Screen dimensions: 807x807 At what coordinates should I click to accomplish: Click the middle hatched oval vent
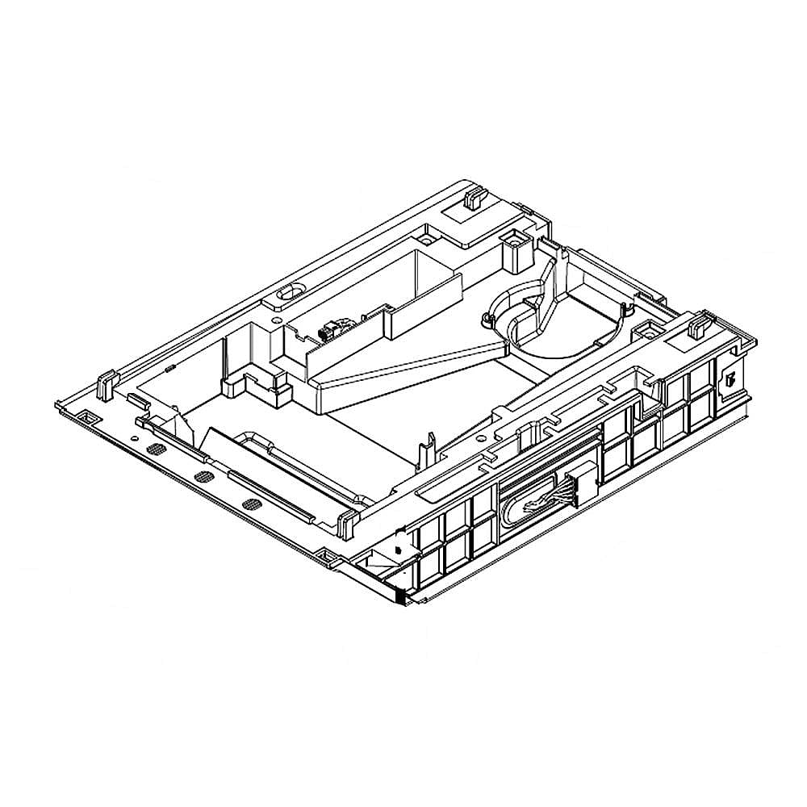point(203,477)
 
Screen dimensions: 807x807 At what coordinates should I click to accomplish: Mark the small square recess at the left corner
point(86,417)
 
